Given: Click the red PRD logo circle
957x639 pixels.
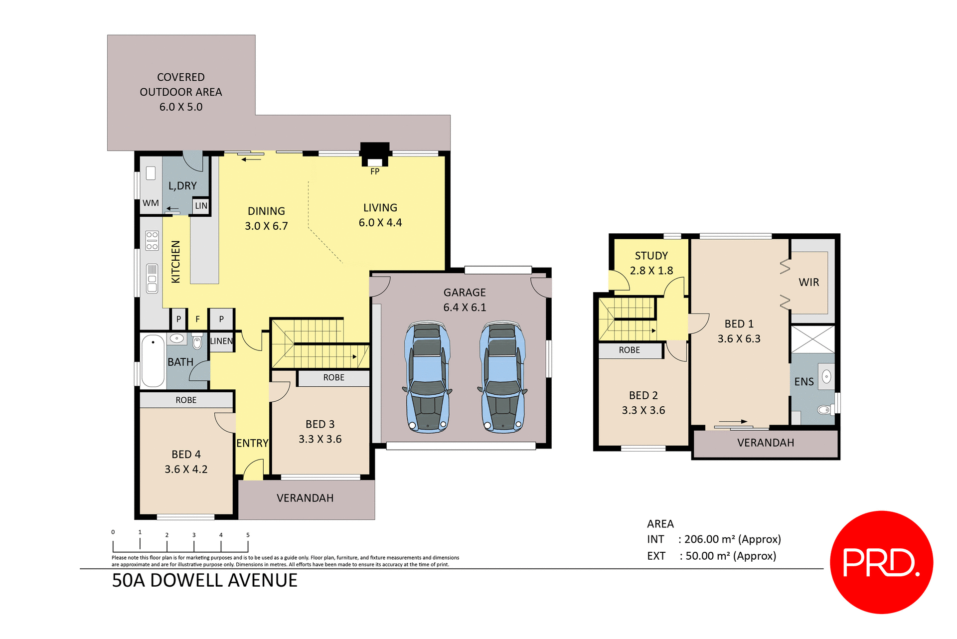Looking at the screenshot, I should pos(881,562).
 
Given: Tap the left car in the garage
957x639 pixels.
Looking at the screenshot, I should pos(427,377).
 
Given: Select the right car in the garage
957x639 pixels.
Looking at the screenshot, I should pos(502,377).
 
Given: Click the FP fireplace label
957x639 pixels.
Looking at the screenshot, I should pos(375,171).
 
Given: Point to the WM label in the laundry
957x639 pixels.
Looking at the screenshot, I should pos(151,203).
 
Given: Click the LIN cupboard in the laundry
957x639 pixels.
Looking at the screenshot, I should pos(201,206).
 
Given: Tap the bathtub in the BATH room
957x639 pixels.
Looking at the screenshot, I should pos(153,361).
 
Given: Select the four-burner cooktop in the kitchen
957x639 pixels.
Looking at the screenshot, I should pos(152,241).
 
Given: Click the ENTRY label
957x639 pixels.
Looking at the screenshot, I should pos(252,443).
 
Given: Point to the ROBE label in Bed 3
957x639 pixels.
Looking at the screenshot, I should pos(333,378).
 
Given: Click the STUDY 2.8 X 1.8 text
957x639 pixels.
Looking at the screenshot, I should pos(651,263).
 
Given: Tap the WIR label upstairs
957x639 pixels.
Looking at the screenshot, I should pos(808,283).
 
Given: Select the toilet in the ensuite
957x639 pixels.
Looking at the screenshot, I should pos(824,410).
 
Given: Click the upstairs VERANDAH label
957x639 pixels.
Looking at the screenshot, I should pos(766,443).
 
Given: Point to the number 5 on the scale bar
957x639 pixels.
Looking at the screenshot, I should pos(248,535).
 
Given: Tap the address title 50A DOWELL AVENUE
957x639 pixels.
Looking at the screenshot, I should pos(204,581).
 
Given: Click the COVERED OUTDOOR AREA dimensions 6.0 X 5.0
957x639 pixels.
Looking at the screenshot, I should pos(181,107).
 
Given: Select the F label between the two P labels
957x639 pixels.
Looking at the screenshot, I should pos(197,319).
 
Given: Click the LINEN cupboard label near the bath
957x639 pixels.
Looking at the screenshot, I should pos(221,341).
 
